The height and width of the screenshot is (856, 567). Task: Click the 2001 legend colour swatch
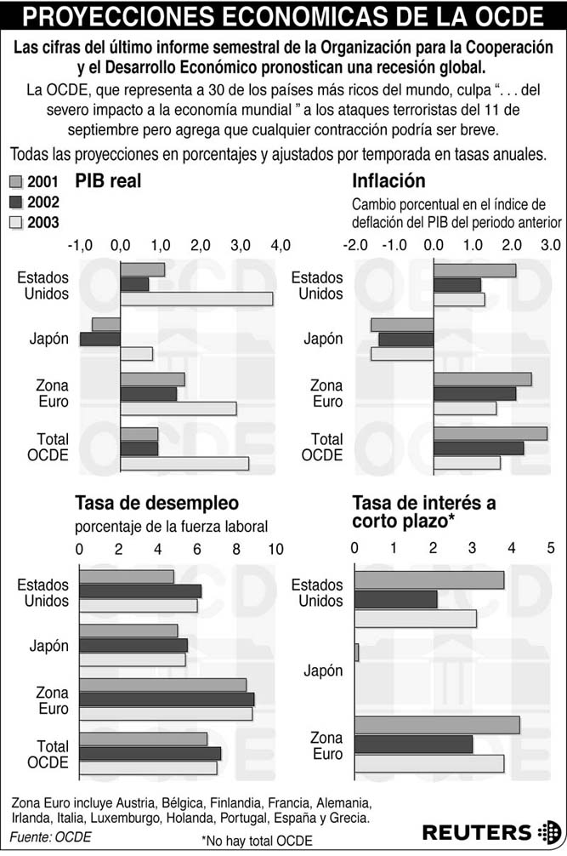pos(15,181)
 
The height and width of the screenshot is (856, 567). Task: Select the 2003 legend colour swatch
pos(15,223)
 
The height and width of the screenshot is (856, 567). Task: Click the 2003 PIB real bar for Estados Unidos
pos(196,299)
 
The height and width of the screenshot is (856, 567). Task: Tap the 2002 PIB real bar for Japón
pos(100,339)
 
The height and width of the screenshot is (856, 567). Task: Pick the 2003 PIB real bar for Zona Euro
pos(178,408)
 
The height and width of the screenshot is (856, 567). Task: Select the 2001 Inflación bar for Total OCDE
pos(490,434)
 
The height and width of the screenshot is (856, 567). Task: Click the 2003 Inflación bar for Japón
pos(402,353)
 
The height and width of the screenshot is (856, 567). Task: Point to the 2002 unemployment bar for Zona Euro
pos(167,699)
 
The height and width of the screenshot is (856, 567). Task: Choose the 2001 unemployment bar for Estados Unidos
pos(127,577)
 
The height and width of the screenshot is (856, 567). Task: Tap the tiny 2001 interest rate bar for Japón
pos(357,653)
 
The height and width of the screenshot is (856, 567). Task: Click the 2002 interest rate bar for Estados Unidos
pos(395,600)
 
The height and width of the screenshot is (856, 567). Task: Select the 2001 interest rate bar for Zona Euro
pos(437,725)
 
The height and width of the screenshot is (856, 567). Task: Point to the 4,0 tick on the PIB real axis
pos(280,245)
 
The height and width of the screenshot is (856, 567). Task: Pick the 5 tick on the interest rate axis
pos(550,548)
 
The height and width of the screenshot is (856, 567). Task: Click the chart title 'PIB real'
pos(108,181)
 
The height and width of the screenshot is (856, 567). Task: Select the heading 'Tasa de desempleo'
pos(156,503)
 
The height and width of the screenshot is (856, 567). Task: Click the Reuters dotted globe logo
pos(549,831)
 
